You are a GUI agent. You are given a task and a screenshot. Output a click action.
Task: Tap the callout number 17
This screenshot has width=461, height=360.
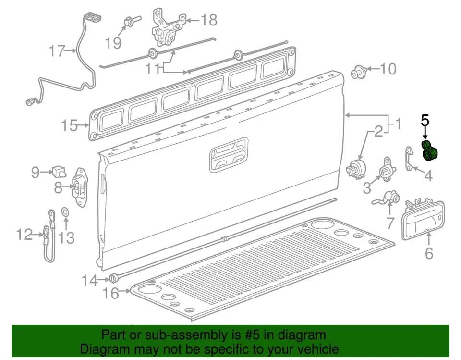[x=57, y=50]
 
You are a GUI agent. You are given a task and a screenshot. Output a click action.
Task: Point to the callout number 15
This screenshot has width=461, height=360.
[x=69, y=126]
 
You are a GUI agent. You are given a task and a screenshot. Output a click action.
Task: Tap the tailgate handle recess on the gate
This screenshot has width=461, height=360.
[x=229, y=155]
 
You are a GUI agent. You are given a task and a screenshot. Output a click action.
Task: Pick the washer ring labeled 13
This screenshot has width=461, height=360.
[x=65, y=211]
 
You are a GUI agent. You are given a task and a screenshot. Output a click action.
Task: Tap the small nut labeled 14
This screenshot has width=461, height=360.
[x=114, y=278]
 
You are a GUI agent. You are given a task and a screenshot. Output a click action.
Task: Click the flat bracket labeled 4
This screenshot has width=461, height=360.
[x=409, y=159]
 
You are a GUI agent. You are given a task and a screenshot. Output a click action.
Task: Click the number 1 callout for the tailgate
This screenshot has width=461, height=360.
[x=398, y=125]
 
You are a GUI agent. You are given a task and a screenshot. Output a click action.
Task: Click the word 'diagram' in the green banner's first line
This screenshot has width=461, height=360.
[x=302, y=335]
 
